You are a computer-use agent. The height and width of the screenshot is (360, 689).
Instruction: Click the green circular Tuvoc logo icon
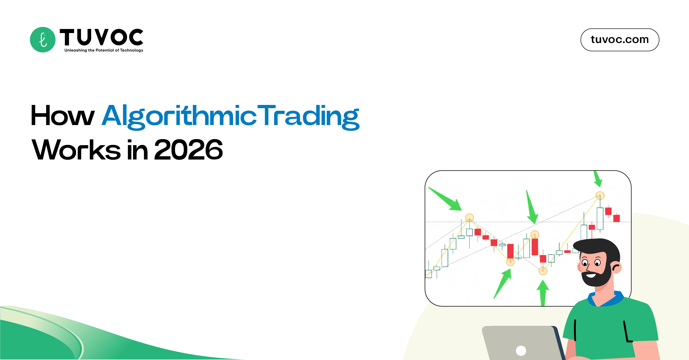coord(43,40)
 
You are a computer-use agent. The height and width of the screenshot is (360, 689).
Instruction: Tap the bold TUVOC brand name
coord(101,37)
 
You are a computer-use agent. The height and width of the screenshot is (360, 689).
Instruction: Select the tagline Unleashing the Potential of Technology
coord(104,50)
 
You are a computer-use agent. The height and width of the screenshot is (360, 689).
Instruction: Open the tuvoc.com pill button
coord(620,40)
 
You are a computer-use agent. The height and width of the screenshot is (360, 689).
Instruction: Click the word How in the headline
coord(63,116)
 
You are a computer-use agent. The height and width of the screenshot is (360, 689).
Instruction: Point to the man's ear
coord(616,267)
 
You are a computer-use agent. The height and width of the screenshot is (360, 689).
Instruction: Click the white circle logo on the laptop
coord(521,351)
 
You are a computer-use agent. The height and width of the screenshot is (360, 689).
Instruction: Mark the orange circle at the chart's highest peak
coord(600,196)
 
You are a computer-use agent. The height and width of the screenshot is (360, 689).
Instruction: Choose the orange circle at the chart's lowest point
coord(543,271)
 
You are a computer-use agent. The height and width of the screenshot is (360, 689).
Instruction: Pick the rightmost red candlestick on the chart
coord(617,218)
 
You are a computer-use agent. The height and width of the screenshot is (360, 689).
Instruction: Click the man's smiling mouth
coord(591,275)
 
